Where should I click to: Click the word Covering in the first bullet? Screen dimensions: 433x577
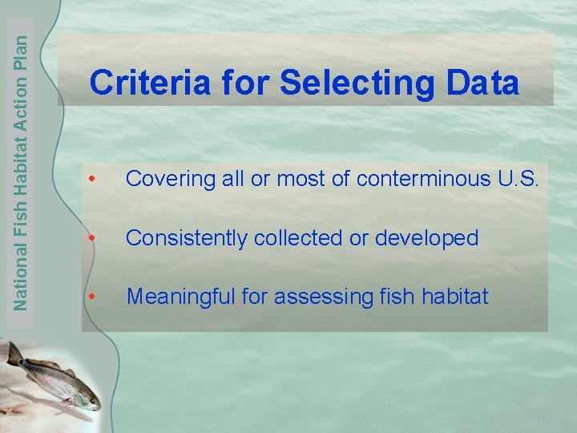click(x=165, y=180)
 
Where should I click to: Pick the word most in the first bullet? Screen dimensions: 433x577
click(x=301, y=180)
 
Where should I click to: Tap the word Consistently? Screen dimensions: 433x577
click(x=185, y=238)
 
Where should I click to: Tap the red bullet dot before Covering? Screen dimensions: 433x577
click(x=94, y=180)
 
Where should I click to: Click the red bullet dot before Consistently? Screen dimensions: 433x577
click(x=94, y=239)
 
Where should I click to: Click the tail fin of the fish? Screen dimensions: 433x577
click(x=14, y=353)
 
